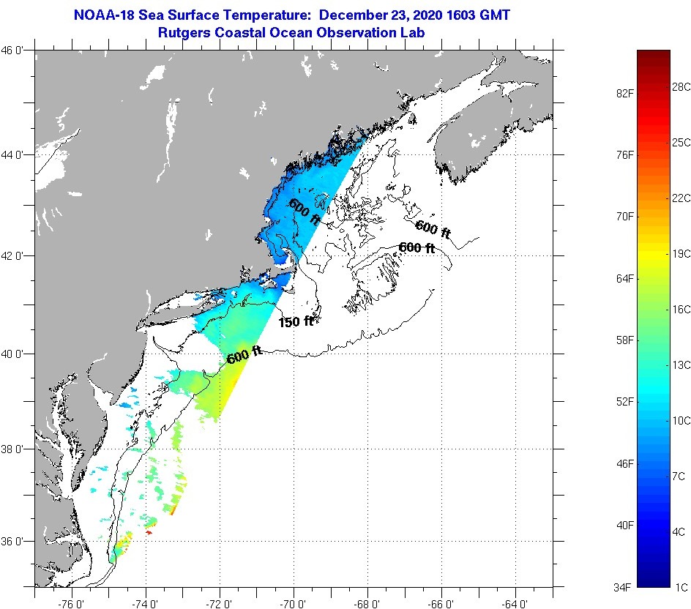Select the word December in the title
[x=356, y=15]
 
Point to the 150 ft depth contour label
[x=296, y=321]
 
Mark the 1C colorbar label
[x=681, y=587]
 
